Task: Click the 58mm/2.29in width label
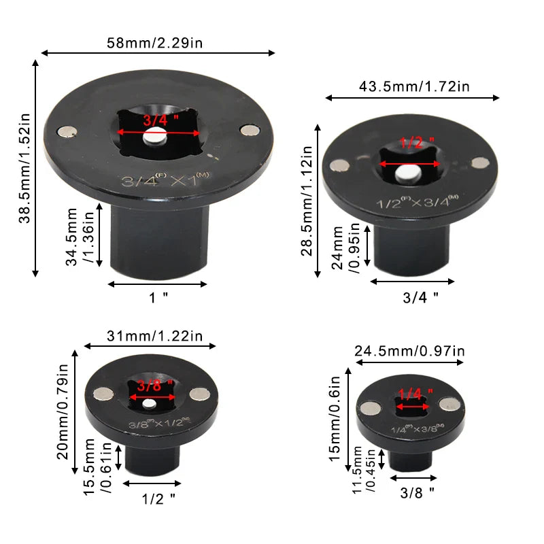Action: tap(157, 43)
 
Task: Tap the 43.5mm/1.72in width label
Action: tap(414, 86)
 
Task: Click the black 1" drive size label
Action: tap(158, 297)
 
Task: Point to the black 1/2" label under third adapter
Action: tap(158, 498)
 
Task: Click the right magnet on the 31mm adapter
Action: tap(199, 393)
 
